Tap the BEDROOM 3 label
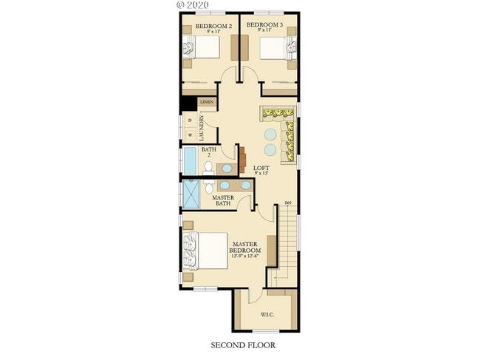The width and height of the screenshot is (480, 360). click(264, 28)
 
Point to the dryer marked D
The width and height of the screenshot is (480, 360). click(190, 120)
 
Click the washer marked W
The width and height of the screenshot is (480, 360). click(190, 135)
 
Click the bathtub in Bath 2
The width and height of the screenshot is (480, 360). click(190, 160)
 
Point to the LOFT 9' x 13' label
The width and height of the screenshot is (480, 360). click(261, 170)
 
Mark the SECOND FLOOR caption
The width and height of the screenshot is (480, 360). click(239, 345)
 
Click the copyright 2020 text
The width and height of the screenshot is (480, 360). click(193, 4)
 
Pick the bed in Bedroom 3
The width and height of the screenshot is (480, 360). click(277, 49)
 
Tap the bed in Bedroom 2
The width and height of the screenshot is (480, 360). click(202, 49)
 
